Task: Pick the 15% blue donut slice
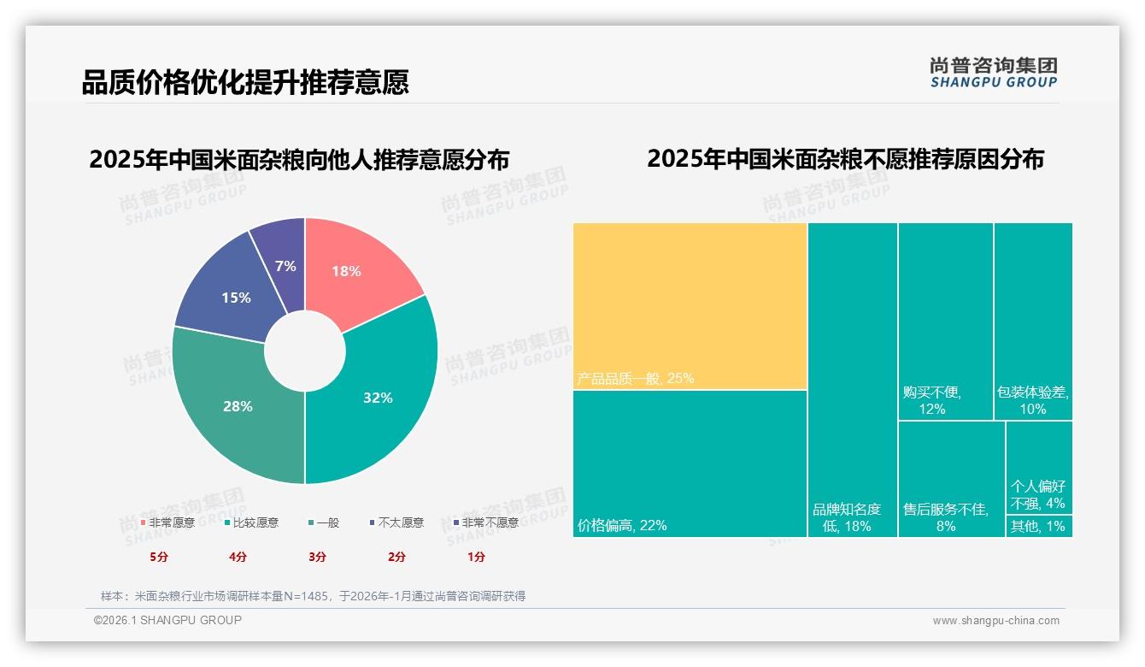[232, 295]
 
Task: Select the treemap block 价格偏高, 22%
[690, 462]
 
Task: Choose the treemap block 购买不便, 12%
[945, 321]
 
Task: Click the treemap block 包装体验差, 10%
[1032, 321]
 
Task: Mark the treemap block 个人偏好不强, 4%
[1038, 466]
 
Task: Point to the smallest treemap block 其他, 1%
[1038, 526]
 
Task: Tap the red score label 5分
[159, 557]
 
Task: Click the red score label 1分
[476, 557]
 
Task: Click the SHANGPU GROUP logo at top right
[993, 73]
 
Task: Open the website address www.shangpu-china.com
[995, 621]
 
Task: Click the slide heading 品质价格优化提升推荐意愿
[245, 82]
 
